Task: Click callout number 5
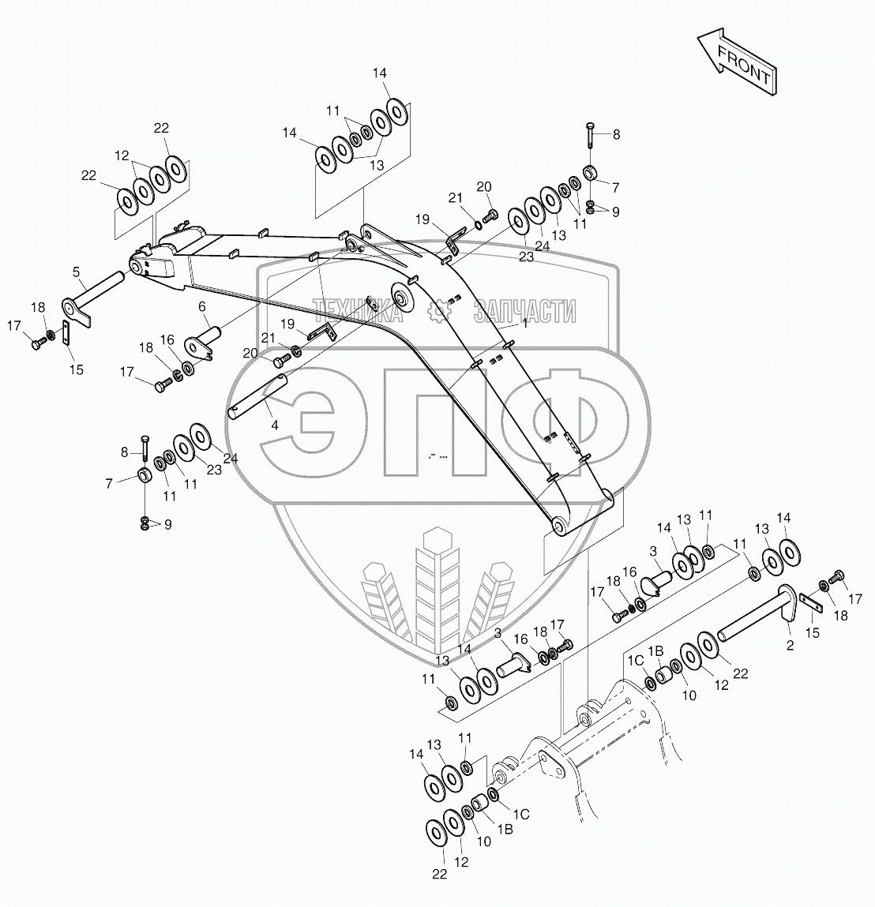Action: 77,272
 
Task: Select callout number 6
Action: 202,306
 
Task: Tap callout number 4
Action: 274,425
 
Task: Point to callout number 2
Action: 789,646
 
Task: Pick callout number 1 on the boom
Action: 524,324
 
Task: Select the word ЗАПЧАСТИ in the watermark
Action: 524,312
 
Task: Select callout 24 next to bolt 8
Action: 230,458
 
